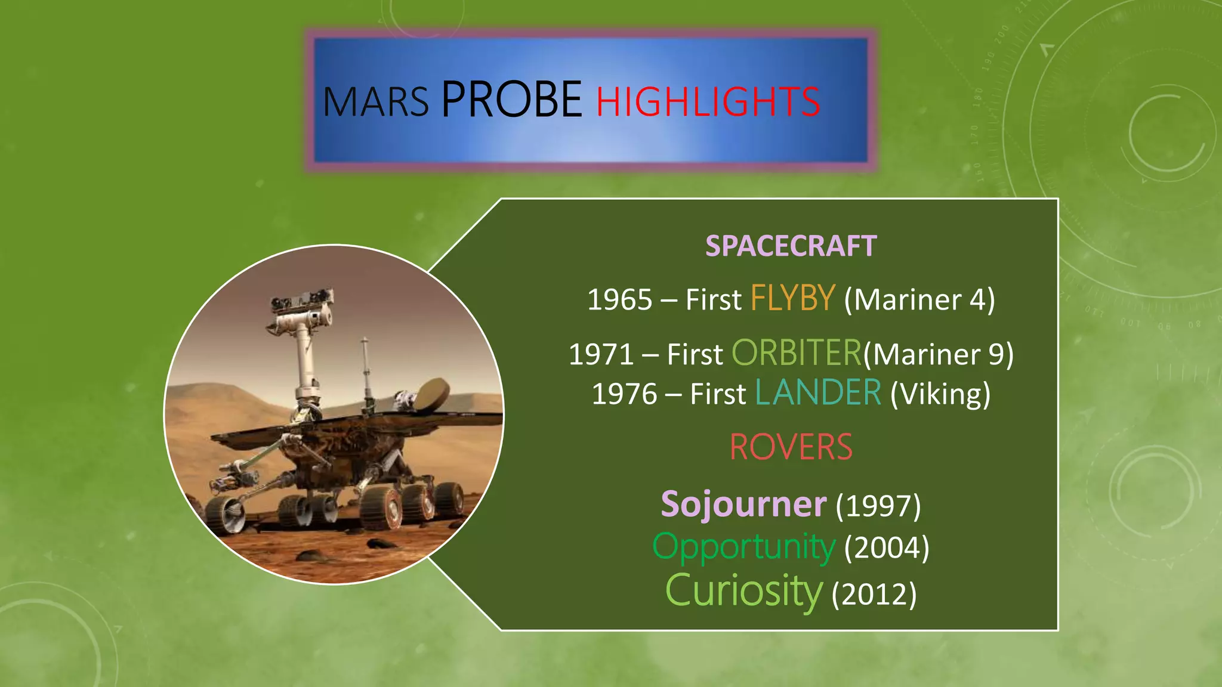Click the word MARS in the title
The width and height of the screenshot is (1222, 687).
(x=375, y=101)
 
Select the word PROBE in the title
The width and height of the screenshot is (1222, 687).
(x=511, y=99)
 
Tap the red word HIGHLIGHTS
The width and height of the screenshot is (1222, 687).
(x=708, y=101)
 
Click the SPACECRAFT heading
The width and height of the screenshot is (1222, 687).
(x=791, y=246)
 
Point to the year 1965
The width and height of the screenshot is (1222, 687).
(x=619, y=299)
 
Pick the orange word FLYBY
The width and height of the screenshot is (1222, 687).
(x=792, y=298)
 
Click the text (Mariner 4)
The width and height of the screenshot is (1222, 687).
(x=919, y=299)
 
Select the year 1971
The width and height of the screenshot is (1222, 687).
(x=601, y=354)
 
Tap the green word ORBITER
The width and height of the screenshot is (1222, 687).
(x=797, y=352)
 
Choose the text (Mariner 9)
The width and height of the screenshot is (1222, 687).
(x=939, y=354)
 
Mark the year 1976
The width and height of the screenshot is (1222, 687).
(x=624, y=394)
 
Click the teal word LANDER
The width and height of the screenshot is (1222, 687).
(x=818, y=392)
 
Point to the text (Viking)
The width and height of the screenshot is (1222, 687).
(x=940, y=394)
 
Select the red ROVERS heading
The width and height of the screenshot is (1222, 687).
(x=791, y=447)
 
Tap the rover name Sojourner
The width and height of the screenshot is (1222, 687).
(x=743, y=504)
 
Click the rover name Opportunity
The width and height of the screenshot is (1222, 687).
(x=743, y=547)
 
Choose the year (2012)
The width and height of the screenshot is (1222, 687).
(x=874, y=593)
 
